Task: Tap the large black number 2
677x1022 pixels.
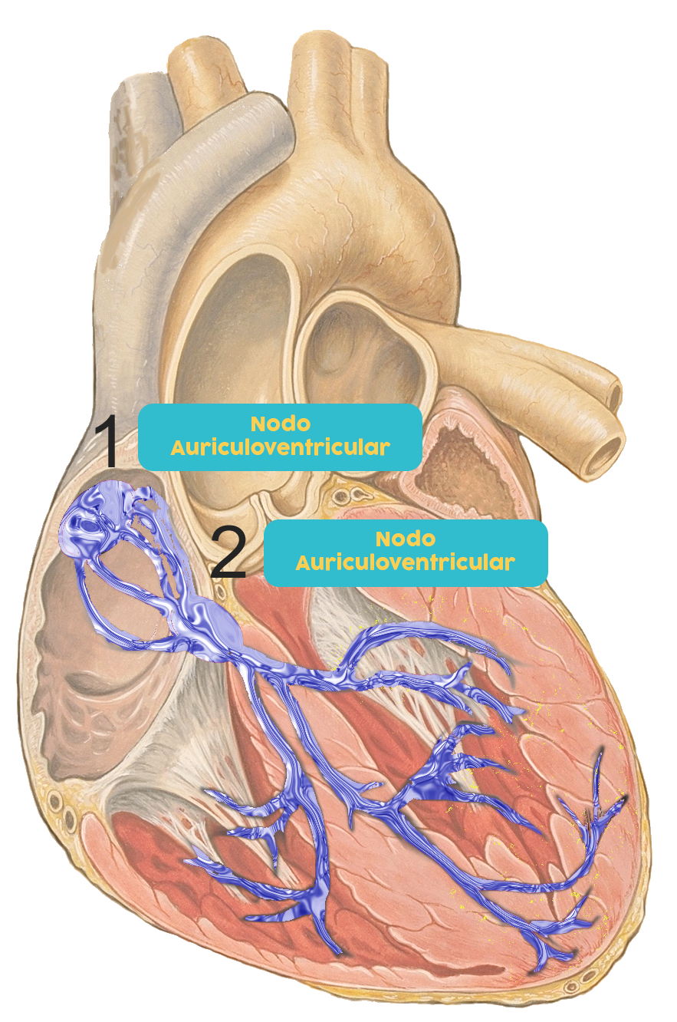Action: point(228,552)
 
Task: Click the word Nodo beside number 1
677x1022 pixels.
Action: point(280,424)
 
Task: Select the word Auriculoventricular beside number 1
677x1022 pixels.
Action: point(280,447)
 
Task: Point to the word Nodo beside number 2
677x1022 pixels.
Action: point(406,539)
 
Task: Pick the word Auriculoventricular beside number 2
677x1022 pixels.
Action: point(405,562)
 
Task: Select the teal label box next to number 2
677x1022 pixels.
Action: point(406,552)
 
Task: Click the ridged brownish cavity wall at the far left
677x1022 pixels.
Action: point(58,675)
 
